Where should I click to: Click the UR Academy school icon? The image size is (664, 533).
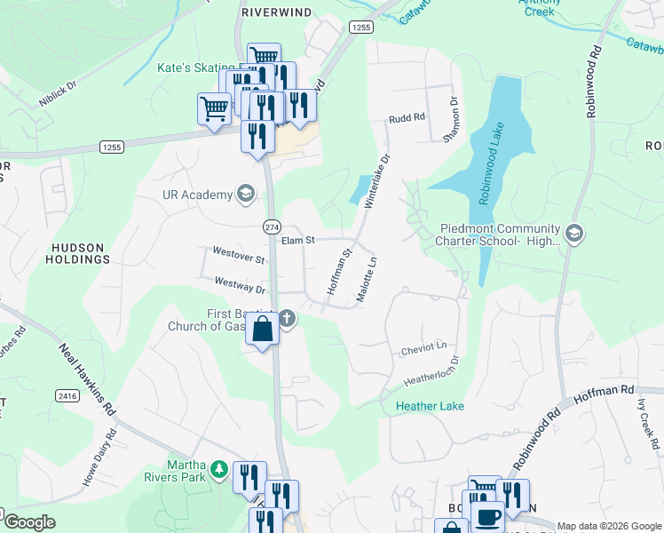tap(245, 195)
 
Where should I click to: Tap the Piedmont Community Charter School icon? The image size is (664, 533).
tap(573, 234)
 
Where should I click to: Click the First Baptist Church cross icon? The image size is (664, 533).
tap(287, 319)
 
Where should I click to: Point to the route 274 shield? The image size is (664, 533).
tap(272, 227)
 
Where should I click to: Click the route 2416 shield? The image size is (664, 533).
tap(66, 395)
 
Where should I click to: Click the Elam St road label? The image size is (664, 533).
tap(298, 240)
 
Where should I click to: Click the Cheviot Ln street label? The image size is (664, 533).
tap(423, 346)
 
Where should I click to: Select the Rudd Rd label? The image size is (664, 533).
tap(407, 118)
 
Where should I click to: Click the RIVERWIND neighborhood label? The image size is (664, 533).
tap(274, 13)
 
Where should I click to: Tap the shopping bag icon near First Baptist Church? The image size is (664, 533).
tap(263, 330)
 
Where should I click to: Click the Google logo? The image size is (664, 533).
tap(30, 522)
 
